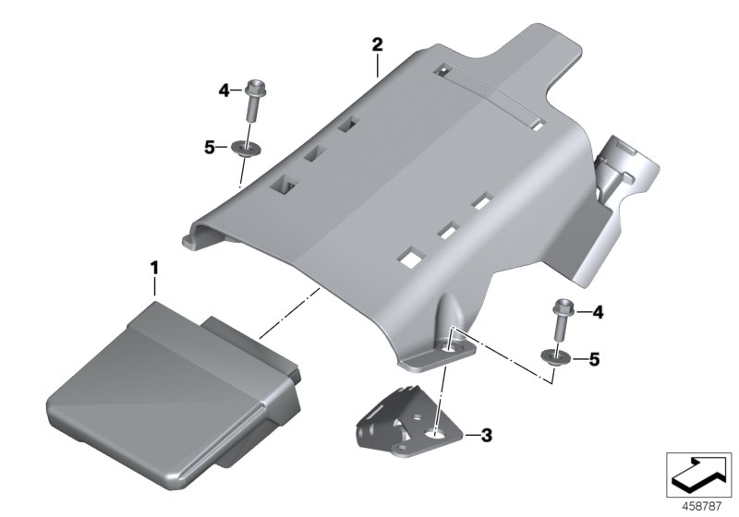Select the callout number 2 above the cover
pyautogui.click(x=377, y=44)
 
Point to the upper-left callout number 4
pyautogui.click(x=224, y=90)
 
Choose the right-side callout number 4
pyautogui.click(x=598, y=314)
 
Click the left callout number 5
pyautogui.click(x=210, y=146)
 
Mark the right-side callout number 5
pyautogui.click(x=594, y=358)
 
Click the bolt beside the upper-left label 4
pyautogui.click(x=254, y=104)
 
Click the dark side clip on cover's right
pyautogui.click(x=628, y=175)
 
